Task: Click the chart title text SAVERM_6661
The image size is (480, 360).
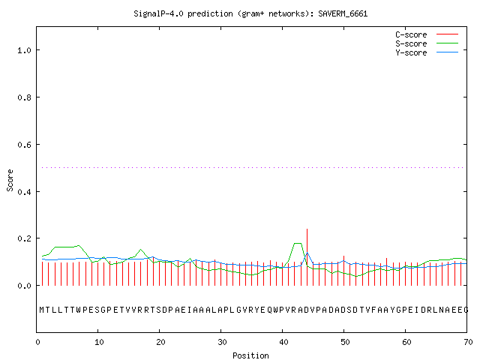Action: point(343,13)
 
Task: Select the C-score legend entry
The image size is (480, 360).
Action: point(427,34)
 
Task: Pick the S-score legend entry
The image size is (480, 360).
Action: point(427,43)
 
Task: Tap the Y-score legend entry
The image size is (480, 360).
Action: point(427,52)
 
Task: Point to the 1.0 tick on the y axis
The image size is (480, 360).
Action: point(25,50)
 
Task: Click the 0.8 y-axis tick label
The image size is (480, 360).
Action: point(25,97)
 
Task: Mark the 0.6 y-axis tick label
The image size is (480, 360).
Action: point(25,145)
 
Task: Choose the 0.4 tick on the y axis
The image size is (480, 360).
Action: point(25,192)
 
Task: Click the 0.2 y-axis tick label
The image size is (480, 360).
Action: point(25,238)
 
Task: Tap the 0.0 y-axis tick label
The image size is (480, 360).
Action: point(25,286)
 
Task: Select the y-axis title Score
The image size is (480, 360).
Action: point(10,180)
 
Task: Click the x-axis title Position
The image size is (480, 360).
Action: point(250,355)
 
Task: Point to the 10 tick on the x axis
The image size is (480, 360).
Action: point(99,342)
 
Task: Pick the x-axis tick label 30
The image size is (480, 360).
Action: point(222,342)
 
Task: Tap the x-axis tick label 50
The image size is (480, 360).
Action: point(345,342)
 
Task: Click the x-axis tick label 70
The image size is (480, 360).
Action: point(468,342)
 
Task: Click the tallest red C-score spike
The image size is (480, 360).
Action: point(307,257)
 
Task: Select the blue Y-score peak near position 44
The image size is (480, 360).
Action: point(307,253)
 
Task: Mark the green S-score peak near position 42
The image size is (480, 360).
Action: point(298,243)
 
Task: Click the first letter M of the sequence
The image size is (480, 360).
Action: point(42,310)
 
